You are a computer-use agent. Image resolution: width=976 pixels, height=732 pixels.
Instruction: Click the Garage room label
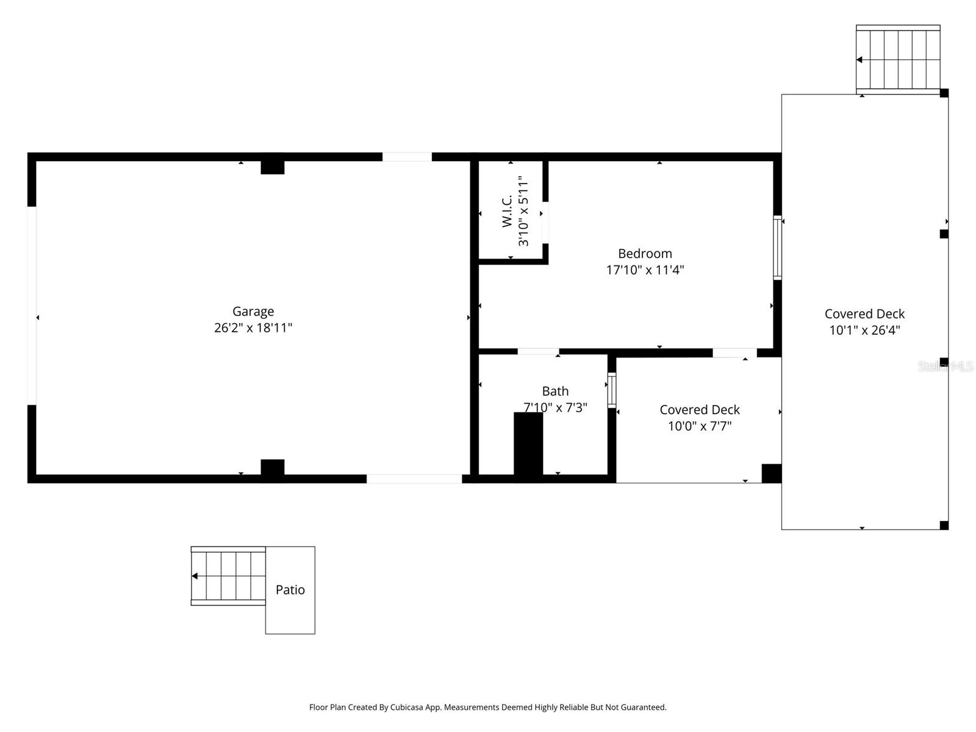(253, 312)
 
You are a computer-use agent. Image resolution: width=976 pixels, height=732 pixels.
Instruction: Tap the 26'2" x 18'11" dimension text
(253, 328)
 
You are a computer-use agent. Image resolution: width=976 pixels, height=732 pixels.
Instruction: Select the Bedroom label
(645, 254)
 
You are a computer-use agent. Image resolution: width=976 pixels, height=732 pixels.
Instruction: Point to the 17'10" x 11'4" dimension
(645, 270)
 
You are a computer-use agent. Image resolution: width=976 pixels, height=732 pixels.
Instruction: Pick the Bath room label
(555, 392)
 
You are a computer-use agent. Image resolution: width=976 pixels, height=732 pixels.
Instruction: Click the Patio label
(290, 590)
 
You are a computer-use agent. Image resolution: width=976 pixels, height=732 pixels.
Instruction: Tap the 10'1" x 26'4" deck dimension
(864, 331)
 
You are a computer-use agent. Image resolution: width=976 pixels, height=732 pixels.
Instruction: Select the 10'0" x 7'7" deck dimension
(699, 426)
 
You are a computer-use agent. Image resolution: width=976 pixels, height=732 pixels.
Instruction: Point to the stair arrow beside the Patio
(195, 576)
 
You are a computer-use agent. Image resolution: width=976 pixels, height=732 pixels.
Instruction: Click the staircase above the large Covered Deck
(898, 60)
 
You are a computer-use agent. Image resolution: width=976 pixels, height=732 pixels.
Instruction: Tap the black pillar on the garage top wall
(273, 167)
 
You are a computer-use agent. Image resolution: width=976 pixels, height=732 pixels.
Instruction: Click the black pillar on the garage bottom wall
(273, 469)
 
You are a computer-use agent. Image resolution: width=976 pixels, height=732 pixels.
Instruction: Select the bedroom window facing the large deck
(777, 248)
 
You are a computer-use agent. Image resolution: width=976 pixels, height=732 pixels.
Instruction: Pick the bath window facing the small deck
(611, 390)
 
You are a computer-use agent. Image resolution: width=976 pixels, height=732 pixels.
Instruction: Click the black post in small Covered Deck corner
(771, 473)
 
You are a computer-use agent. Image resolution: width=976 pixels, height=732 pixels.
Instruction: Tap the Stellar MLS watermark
(945, 367)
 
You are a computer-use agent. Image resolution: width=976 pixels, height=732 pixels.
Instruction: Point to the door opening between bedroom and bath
(538, 351)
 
